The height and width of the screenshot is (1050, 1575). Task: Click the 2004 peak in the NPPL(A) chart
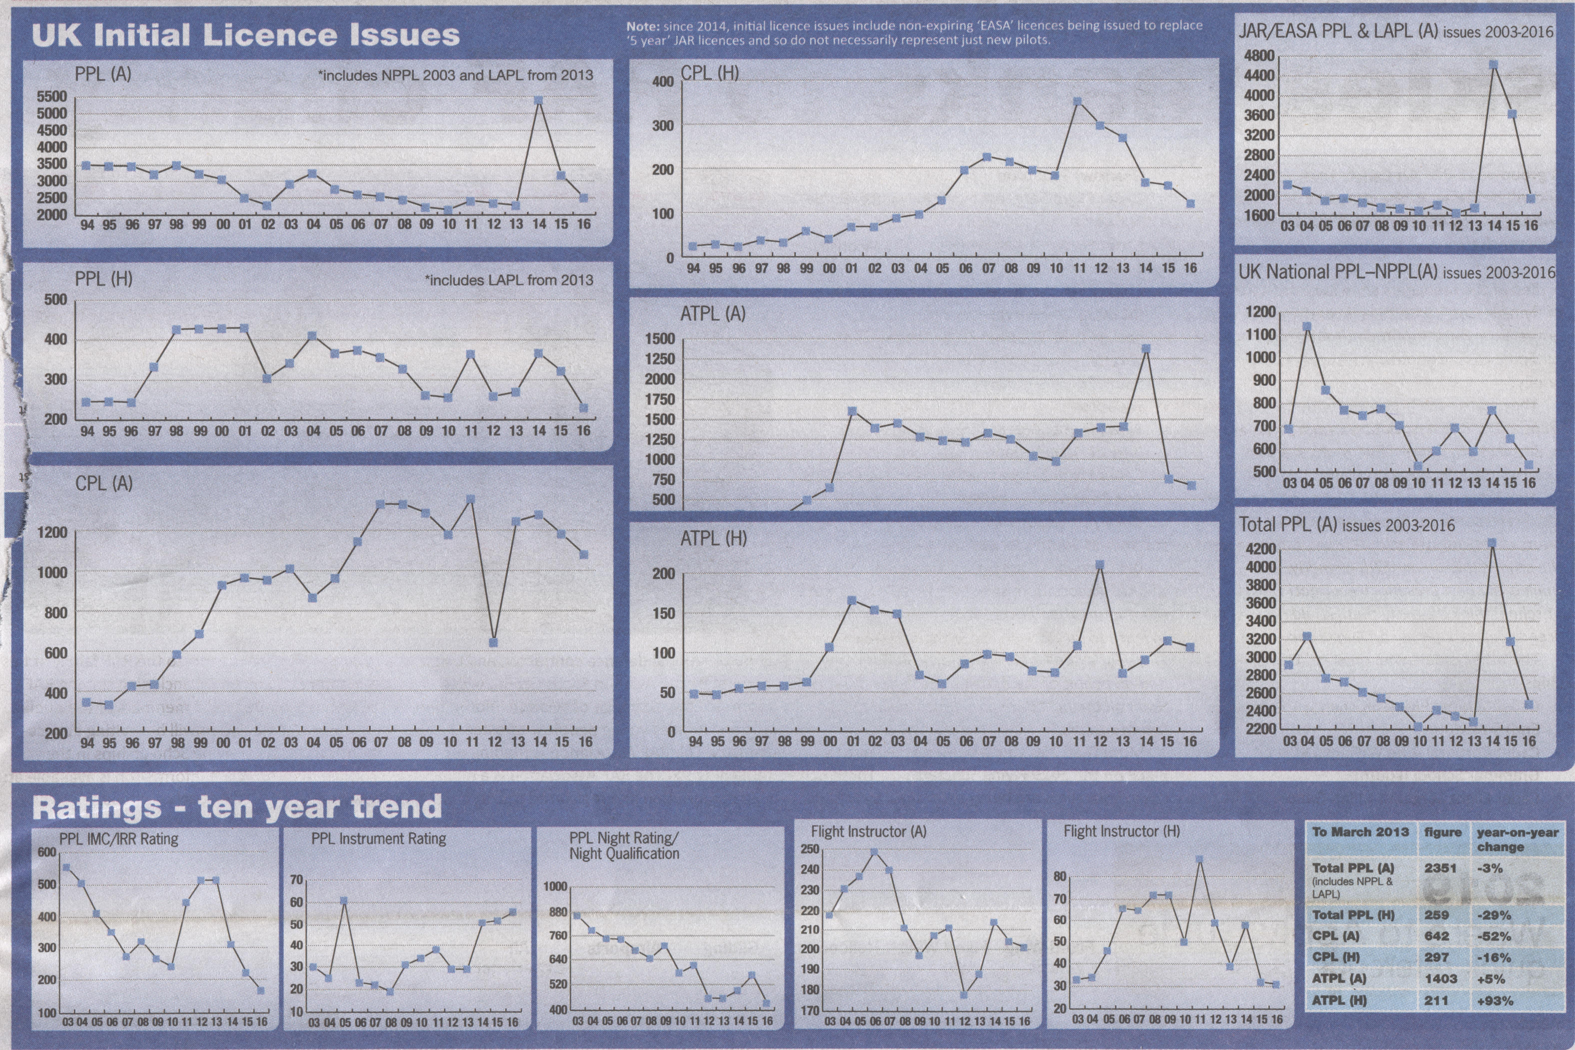1307,327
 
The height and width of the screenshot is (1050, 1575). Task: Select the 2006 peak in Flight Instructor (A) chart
874,852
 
